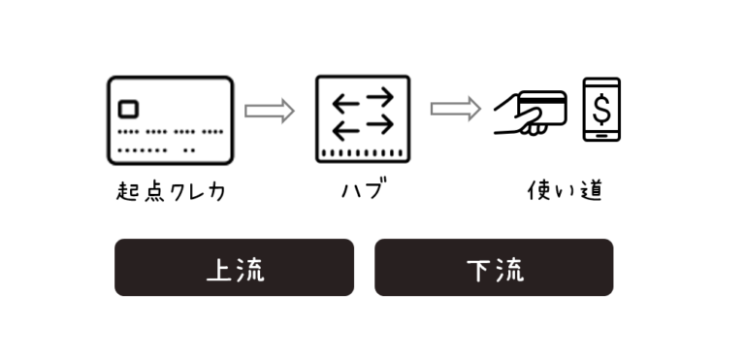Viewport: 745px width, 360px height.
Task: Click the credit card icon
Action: tap(170, 120)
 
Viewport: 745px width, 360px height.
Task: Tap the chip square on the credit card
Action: tap(128, 109)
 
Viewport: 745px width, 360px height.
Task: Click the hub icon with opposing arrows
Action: tap(363, 118)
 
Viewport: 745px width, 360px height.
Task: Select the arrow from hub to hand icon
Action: tap(455, 108)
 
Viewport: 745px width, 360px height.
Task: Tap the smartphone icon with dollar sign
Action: tap(601, 110)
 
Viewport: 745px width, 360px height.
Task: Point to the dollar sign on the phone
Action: tap(601, 107)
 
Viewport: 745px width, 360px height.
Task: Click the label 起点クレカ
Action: tap(171, 191)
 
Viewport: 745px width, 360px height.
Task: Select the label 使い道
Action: tap(565, 190)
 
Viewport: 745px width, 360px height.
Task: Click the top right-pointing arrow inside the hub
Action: tap(376, 97)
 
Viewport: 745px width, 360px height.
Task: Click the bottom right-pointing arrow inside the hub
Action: tap(376, 124)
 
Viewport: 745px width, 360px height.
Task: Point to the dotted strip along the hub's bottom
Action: tap(363, 153)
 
